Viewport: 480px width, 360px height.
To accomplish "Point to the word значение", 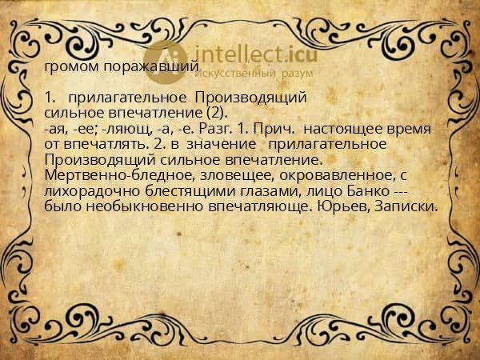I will point(226,143).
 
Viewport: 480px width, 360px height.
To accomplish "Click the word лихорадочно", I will point(88,190).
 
